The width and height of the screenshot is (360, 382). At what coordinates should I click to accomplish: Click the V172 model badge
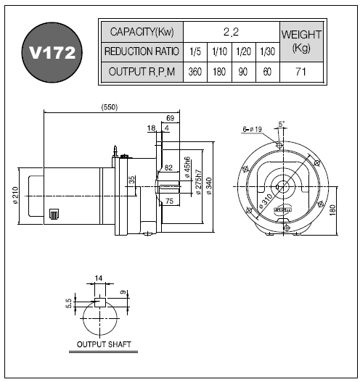pos(52,52)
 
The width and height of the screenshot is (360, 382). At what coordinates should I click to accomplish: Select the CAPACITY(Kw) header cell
pos(142,32)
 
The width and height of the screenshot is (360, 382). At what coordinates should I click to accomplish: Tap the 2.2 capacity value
pos(232,32)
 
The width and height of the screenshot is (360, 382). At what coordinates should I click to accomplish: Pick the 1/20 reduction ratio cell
pos(243,51)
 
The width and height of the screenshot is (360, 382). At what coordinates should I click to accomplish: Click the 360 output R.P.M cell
pos(195,72)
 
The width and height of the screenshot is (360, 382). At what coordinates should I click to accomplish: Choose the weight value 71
pos(301,72)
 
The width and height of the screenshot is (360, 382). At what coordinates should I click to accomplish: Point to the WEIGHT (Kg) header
pos(301,41)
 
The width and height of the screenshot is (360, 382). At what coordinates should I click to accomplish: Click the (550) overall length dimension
pos(110,107)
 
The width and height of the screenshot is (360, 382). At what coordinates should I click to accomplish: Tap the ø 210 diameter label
pos(15,195)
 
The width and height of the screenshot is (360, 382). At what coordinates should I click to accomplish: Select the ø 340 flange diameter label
pos(209,186)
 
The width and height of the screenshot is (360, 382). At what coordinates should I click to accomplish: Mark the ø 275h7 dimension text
pos(199,182)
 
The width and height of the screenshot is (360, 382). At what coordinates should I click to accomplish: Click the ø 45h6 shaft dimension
pos(187,167)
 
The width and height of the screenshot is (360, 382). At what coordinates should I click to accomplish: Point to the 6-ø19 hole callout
pos(252,129)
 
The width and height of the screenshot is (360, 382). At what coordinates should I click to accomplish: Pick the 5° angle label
pos(282,124)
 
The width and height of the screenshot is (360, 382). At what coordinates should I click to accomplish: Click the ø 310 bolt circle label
pos(266,202)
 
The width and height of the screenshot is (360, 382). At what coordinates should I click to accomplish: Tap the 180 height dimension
pos(332,210)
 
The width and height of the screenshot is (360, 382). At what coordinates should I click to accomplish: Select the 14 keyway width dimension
pos(99,278)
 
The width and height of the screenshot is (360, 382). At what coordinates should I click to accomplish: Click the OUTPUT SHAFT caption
pos(104,344)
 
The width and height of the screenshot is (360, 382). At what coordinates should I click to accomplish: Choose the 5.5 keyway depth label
pos(69,304)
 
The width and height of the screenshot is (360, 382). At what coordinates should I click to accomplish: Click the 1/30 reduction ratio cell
pos(267,51)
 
